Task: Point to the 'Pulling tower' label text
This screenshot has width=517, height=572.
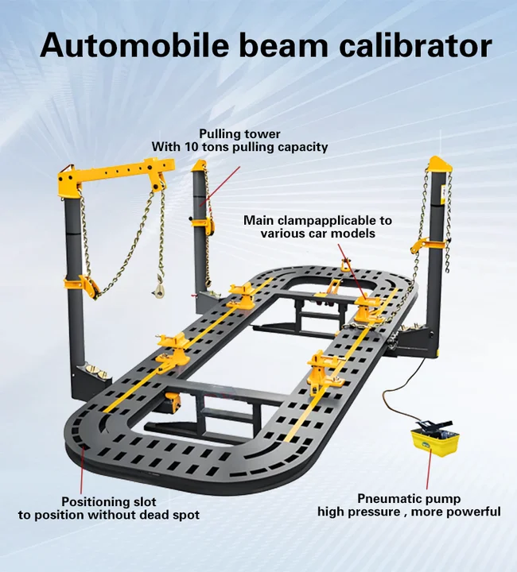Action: pyautogui.click(x=239, y=133)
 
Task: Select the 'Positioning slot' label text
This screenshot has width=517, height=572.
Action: pyautogui.click(x=109, y=501)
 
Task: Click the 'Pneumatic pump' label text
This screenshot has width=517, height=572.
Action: pyautogui.click(x=409, y=497)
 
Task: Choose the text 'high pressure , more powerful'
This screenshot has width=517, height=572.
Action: pyautogui.click(x=409, y=512)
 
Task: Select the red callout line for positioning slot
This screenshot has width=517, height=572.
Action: pyautogui.click(x=82, y=469)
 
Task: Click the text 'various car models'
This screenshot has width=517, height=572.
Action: pyautogui.click(x=317, y=234)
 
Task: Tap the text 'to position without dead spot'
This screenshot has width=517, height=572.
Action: pyautogui.click(x=109, y=515)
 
